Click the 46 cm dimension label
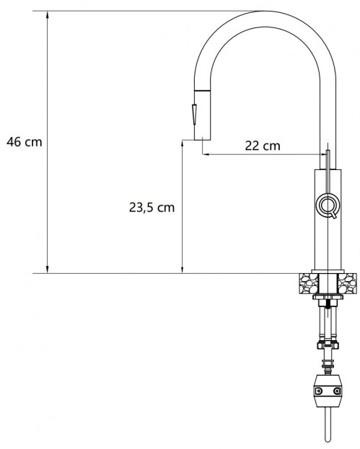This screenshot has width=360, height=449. (24, 142)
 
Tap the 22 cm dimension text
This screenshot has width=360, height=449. (262, 146)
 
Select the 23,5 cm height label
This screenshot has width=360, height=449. (148, 207)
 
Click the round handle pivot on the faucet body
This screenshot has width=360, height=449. (327, 205)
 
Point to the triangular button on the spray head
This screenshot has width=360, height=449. (194, 113)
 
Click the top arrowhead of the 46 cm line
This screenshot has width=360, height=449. (48, 15)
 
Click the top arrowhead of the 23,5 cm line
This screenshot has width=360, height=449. (182, 143)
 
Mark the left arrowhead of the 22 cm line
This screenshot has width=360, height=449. (206, 154)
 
